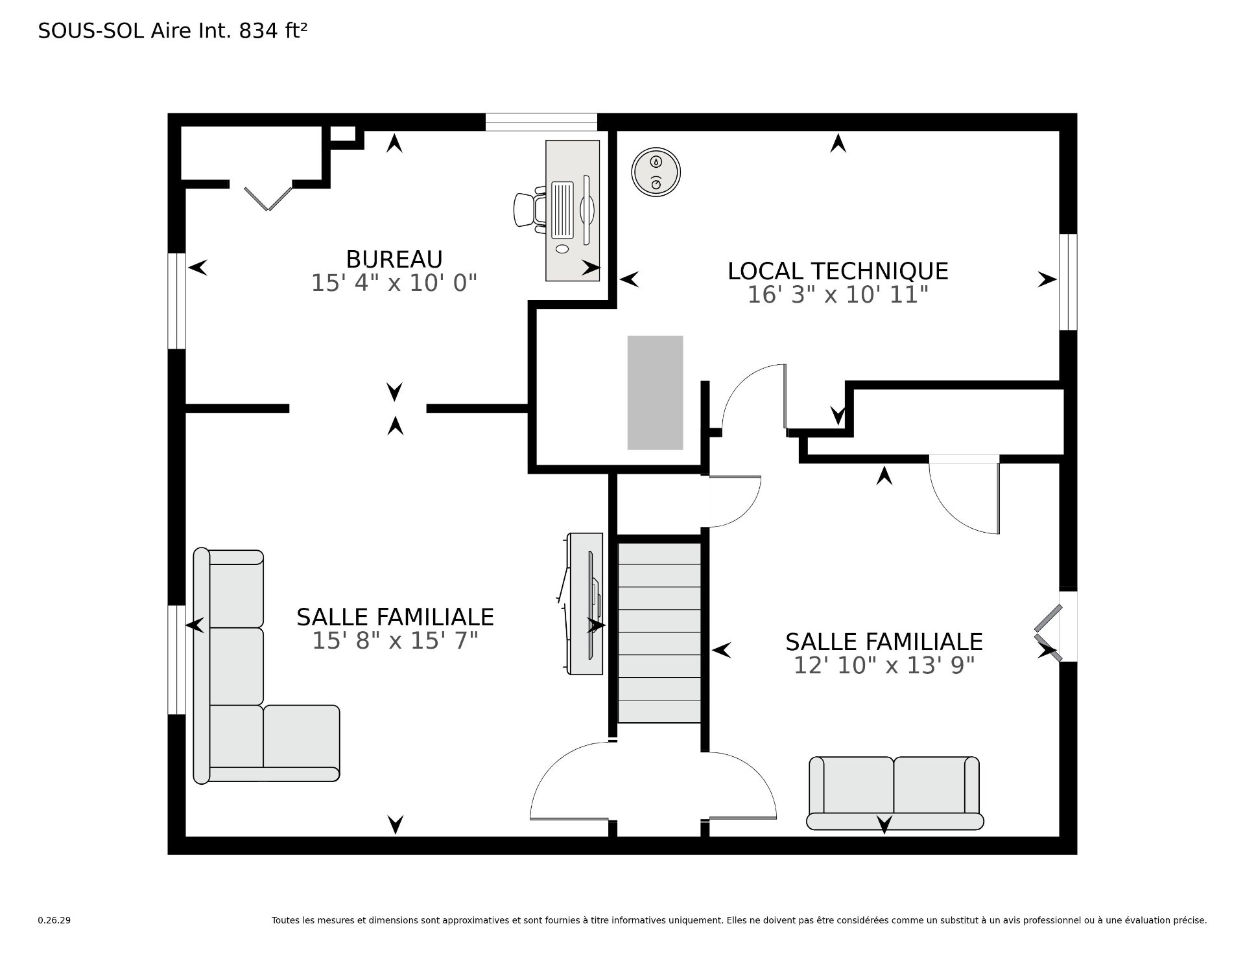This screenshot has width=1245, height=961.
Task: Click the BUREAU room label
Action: pos(394,259)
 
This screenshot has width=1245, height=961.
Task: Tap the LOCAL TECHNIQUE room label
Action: pos(838,271)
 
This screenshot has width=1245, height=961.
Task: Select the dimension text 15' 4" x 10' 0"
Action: pos(394,283)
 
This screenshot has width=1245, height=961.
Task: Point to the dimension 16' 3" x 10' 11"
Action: pos(838,295)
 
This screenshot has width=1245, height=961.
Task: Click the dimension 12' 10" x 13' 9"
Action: pos(884,666)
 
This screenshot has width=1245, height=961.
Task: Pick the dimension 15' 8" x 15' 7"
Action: pos(395,641)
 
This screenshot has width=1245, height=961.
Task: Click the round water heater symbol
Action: pos(656,171)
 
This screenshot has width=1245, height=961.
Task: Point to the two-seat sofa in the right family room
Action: pos(895,793)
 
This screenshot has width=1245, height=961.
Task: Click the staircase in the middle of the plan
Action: pos(659,632)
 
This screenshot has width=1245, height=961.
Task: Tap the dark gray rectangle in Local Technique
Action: pos(655,393)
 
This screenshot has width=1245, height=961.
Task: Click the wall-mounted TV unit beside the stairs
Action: pos(584,604)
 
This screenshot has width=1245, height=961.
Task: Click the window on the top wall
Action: pos(541,122)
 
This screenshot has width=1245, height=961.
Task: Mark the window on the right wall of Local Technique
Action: pos(1068,282)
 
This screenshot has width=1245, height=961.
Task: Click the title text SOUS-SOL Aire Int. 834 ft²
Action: pos(172,30)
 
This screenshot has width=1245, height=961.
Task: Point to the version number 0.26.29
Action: pos(54,920)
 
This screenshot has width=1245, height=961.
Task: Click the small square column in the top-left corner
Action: pos(344,133)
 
